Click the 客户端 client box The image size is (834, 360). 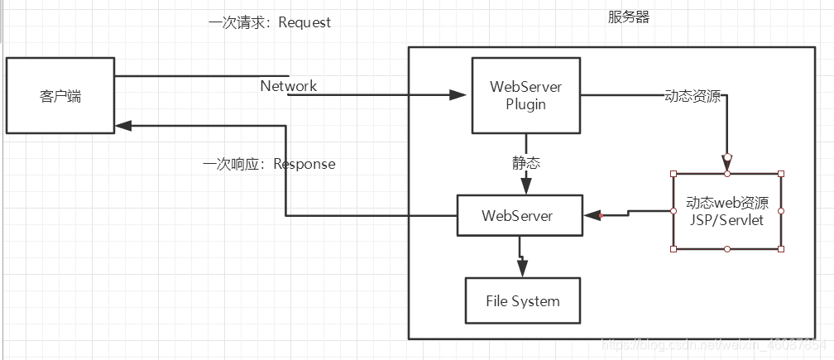coord(60,95)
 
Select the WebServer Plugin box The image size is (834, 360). coord(525,95)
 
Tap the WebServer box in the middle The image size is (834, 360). coord(519,216)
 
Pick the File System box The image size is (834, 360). coord(522,301)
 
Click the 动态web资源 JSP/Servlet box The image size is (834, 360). coord(726,212)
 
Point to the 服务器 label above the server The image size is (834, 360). coord(629,17)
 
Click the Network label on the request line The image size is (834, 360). coord(289,85)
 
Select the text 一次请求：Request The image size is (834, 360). coord(269,22)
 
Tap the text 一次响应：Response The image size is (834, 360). coord(269,164)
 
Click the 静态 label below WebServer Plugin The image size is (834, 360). coord(525,163)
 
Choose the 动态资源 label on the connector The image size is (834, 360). coord(693,96)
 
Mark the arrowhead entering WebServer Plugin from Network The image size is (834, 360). coord(458,95)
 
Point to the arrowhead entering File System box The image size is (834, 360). coord(521,268)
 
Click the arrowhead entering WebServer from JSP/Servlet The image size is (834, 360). coord(592,216)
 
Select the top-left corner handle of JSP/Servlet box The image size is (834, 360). coord(673,174)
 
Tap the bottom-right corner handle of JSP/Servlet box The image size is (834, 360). coord(780,248)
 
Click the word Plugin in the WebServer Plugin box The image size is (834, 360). coord(525,104)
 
